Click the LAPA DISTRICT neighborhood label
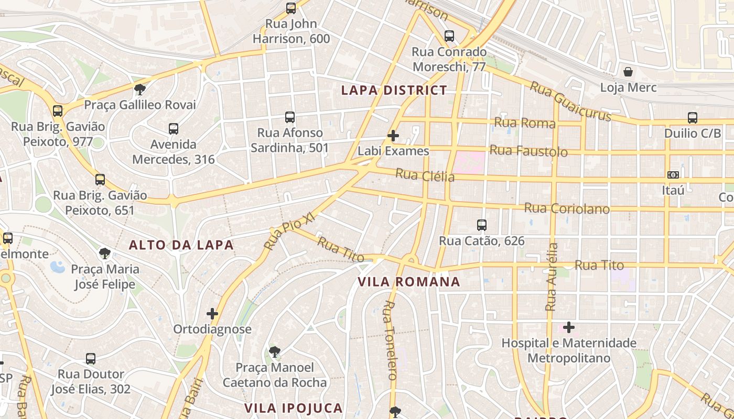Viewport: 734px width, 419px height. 394,90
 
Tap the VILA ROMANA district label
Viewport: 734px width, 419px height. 409,282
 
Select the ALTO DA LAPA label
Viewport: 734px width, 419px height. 181,245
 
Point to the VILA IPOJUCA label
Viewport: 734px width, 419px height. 294,408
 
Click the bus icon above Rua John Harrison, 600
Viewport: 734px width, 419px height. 291,8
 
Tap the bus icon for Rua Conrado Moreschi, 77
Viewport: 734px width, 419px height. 449,36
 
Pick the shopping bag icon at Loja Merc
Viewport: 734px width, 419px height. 628,72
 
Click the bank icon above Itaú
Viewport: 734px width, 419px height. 673,174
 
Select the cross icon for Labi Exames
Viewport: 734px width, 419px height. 393,136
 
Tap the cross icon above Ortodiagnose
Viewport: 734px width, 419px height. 212,314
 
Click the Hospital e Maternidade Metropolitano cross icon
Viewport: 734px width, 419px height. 569,328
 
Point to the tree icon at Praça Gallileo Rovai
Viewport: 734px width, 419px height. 140,89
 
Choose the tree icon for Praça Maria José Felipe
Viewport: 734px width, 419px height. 105,254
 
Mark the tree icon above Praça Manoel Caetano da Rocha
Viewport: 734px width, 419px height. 274,351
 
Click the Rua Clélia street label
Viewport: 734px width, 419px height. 425,175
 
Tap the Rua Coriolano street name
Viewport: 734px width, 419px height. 567,208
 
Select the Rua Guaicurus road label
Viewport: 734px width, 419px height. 570,101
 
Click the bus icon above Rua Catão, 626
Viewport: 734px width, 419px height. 482,225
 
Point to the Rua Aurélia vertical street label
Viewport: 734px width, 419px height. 552,277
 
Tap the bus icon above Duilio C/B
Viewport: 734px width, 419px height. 693,118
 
